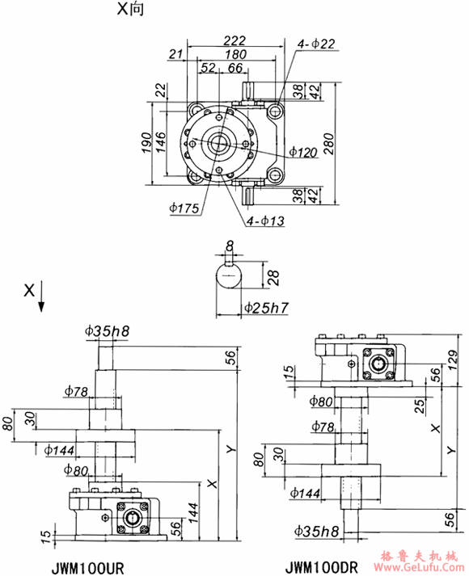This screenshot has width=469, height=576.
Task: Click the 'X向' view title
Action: coord(129,11)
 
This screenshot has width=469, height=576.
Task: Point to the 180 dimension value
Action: coord(236,54)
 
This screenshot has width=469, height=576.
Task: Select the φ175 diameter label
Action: coord(185,207)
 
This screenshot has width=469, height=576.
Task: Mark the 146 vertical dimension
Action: coord(161,142)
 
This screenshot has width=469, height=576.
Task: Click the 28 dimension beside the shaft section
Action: coord(273,279)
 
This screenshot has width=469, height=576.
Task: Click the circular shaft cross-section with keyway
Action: coord(229,279)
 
